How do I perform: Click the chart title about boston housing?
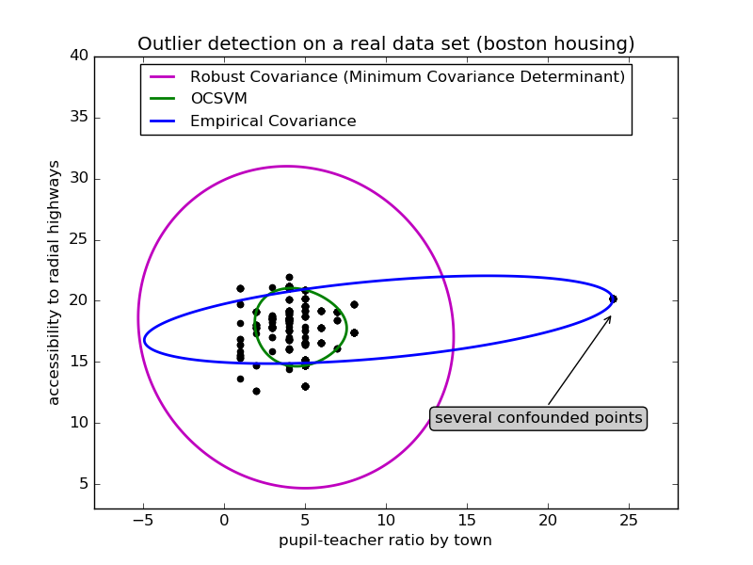[386, 44]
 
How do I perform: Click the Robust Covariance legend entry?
[407, 76]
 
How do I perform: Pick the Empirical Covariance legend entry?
[273, 121]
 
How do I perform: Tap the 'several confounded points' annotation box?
[538, 418]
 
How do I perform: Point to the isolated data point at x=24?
[613, 299]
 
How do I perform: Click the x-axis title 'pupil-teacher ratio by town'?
[385, 541]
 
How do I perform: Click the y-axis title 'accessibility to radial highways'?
[55, 282]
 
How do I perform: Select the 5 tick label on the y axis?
[83, 484]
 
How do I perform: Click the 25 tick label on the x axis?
[629, 520]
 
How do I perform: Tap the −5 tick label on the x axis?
[141, 520]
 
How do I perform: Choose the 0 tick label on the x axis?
[224, 520]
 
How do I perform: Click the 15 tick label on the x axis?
[467, 520]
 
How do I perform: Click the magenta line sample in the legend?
[164, 76]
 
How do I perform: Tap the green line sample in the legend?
[164, 99]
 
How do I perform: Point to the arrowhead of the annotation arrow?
[609, 317]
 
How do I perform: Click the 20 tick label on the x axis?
[548, 520]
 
